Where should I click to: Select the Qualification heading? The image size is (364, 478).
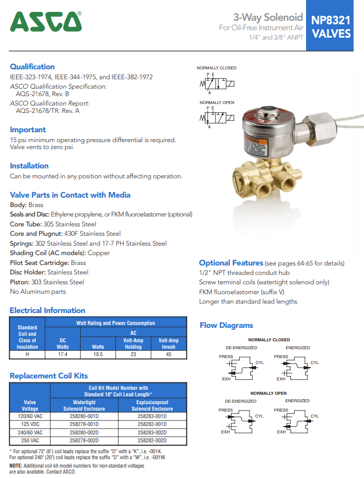[32, 66]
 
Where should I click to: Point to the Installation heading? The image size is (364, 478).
[29, 165]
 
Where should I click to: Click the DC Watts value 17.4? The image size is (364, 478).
[62, 355]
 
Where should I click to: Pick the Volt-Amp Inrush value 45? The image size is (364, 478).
[168, 355]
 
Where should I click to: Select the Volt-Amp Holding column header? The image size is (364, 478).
[133, 344]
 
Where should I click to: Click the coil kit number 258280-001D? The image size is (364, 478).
[84, 417]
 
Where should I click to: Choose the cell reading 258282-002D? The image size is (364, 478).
[152, 440]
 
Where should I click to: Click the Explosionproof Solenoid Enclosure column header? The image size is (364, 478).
[152, 406]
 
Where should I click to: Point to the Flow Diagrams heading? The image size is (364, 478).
[226, 325]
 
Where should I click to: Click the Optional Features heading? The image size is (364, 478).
[231, 263]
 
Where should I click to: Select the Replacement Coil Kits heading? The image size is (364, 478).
[49, 376]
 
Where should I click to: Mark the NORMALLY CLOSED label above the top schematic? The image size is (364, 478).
[216, 68]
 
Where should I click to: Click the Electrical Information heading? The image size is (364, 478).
[48, 311]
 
